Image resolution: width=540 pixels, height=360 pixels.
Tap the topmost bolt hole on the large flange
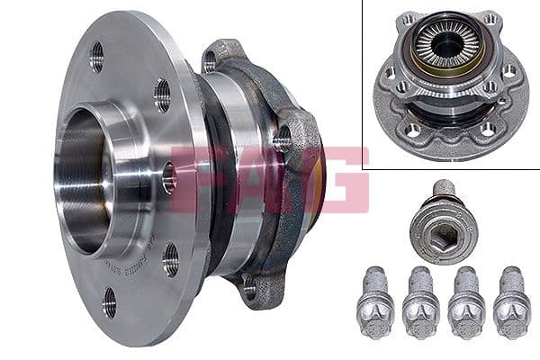click(96, 57)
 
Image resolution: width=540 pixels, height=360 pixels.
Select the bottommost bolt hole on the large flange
click(109, 302)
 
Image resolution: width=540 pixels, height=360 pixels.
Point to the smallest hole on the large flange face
click(168, 176)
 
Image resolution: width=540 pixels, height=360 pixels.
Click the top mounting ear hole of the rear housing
click(210, 61)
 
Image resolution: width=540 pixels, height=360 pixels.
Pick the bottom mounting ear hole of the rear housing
click(249, 286)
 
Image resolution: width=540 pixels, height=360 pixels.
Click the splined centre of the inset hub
click(446, 44)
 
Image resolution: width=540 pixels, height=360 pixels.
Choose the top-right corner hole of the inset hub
click(489, 19)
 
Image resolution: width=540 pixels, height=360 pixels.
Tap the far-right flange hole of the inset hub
click(510, 70)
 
